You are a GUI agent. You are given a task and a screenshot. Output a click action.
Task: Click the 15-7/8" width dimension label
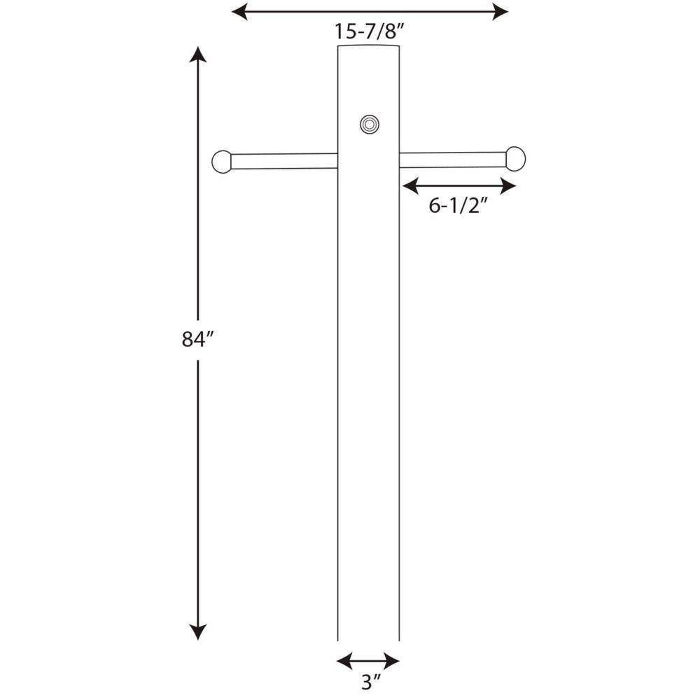pos(369,31)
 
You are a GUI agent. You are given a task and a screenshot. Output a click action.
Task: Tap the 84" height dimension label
pos(197,339)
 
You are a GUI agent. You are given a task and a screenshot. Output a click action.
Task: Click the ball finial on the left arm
pos(221,162)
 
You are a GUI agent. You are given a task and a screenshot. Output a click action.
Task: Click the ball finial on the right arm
pos(515,159)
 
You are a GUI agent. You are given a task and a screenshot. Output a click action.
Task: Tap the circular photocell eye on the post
pos(370,125)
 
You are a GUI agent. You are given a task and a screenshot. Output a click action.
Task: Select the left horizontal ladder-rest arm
pos(283,161)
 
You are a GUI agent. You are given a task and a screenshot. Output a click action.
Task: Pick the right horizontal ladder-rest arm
pos(453,160)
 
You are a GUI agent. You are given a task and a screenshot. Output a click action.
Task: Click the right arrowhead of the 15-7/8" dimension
pos(500,11)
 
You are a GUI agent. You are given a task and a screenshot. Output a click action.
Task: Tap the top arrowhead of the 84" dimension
pos(198,55)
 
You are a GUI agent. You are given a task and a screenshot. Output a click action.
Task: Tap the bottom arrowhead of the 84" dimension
pos(198,632)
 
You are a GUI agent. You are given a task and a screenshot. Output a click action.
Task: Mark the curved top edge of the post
pos(369,45)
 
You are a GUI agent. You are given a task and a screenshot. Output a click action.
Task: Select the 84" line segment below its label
pos(198,490)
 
